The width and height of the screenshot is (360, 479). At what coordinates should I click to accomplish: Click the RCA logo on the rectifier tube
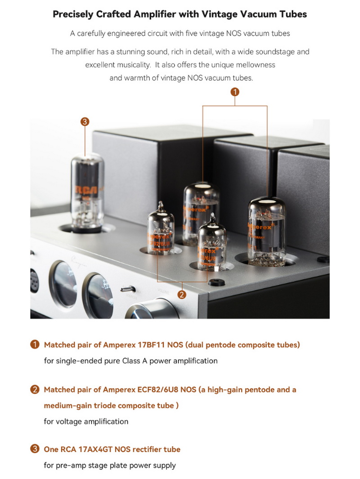pos(87,189)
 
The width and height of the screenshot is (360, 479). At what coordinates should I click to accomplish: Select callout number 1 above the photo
pos(235,92)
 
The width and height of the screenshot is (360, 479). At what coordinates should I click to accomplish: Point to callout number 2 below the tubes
pos(182,295)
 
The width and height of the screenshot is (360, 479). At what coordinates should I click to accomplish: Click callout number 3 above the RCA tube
pos(85,121)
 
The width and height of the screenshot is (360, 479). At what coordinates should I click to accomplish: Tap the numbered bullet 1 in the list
pos(35,345)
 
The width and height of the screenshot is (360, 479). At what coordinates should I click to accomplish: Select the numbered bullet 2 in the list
pos(35,389)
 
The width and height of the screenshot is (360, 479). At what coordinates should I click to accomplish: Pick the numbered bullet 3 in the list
pos(35,449)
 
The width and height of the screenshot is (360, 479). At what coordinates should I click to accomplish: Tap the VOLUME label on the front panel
pos(163,291)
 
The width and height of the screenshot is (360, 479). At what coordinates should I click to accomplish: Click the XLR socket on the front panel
pos(34,282)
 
